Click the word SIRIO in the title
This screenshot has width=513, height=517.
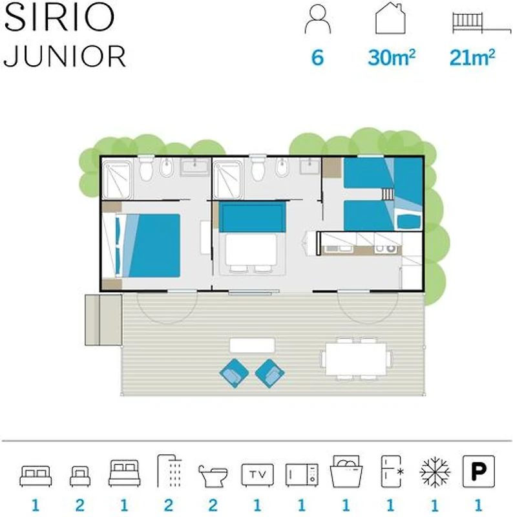[59, 17]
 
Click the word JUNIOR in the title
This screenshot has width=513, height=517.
[65, 56]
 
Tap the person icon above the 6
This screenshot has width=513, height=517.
[318, 20]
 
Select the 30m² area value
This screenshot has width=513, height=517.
[392, 58]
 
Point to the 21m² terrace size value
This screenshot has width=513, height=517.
[472, 58]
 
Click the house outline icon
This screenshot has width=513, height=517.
[390, 18]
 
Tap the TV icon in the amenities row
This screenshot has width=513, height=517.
[258, 475]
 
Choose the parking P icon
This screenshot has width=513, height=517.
[479, 472]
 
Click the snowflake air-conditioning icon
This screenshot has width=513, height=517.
[435, 472]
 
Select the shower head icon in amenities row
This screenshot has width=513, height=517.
[169, 471]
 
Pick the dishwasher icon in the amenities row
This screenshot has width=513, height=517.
[346, 472]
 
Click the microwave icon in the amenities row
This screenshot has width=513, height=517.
[302, 475]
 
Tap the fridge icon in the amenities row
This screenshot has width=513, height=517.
[392, 472]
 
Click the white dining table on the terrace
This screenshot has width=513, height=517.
[356, 359]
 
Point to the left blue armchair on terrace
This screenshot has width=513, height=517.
[234, 373]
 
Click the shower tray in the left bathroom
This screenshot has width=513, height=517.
[117, 180]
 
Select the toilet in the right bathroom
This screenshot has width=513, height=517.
[258, 168]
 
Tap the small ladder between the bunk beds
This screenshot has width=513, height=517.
[388, 194]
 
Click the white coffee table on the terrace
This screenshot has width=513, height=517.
[252, 345]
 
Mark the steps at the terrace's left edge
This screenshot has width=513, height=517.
[103, 320]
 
